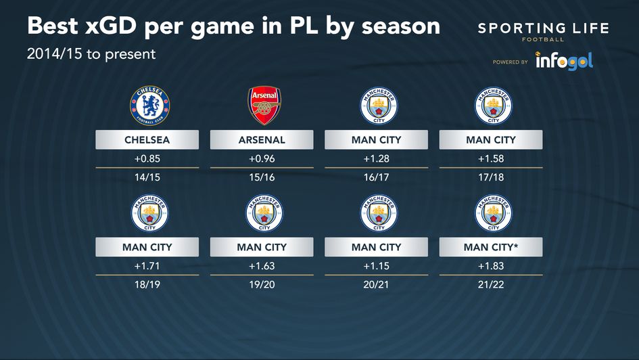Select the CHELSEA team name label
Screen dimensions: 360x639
[x=147, y=140]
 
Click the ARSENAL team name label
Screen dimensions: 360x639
[x=262, y=140]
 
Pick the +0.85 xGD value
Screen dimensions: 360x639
[x=147, y=159]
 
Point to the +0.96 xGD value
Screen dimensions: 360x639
[x=262, y=159]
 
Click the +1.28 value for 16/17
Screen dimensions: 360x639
[x=376, y=159]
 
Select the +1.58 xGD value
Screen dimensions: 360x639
[x=490, y=159]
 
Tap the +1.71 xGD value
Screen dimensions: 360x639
[x=147, y=267]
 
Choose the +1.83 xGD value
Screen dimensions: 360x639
[x=490, y=267]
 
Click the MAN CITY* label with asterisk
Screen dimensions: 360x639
[x=490, y=248]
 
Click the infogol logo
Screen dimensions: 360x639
[x=564, y=61]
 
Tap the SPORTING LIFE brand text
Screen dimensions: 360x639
[x=543, y=29]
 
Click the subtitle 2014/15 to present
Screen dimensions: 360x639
[x=91, y=54]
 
